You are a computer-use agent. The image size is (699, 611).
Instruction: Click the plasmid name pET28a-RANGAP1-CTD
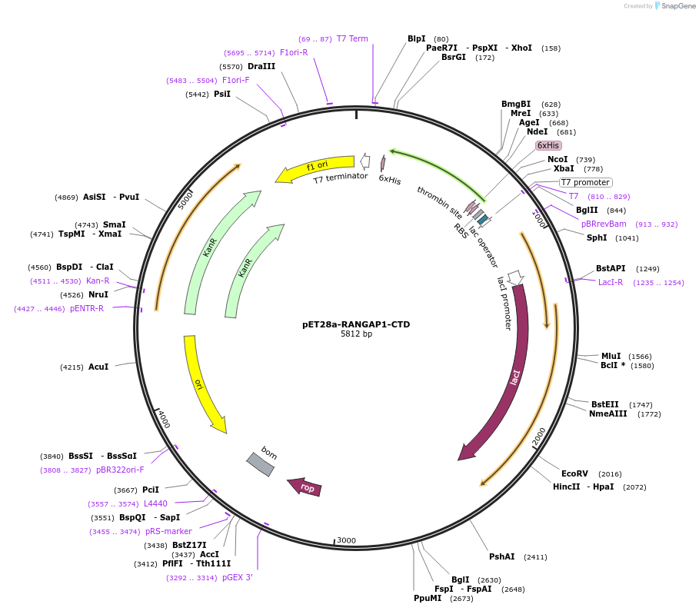356,324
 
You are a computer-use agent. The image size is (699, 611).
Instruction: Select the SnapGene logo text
679,5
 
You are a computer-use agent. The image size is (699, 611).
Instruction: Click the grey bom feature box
260,463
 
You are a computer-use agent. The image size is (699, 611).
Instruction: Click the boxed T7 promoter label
585,182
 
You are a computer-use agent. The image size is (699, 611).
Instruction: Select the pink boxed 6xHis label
548,145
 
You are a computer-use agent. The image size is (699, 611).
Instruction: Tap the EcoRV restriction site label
574,473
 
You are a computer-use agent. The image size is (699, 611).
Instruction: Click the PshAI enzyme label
501,556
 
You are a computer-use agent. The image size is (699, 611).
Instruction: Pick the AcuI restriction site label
98,367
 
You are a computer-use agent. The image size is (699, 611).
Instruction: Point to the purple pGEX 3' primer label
238,577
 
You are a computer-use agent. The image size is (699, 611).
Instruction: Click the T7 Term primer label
352,38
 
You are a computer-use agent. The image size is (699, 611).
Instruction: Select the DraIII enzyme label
261,66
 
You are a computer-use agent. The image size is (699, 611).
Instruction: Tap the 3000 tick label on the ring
347,540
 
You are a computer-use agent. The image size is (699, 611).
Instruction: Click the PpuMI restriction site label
428,597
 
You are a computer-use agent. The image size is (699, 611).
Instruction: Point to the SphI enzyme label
597,237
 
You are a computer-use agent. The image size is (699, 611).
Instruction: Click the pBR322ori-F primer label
120,470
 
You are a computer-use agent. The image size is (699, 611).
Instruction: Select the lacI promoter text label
504,303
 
